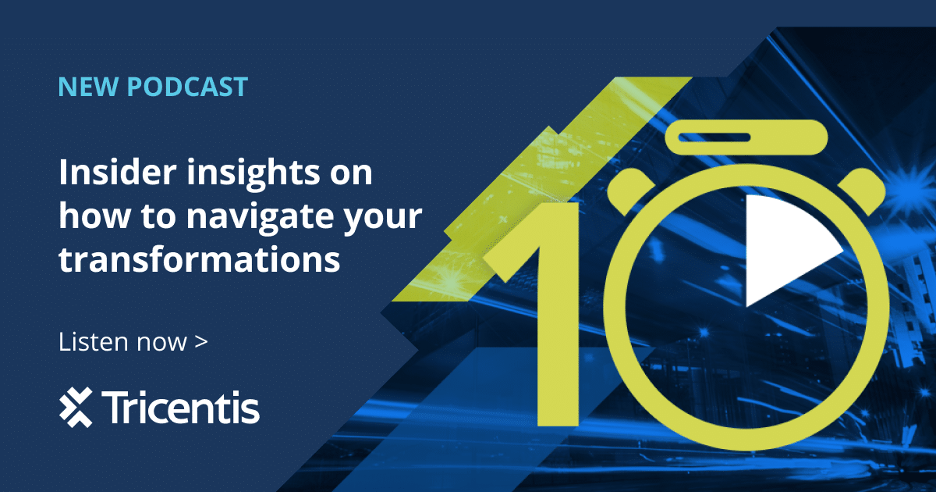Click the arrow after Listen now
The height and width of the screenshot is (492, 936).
coord(201,342)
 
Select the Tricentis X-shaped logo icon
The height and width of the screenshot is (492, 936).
coord(76,407)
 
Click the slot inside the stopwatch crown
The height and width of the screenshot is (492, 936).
coord(713,137)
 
